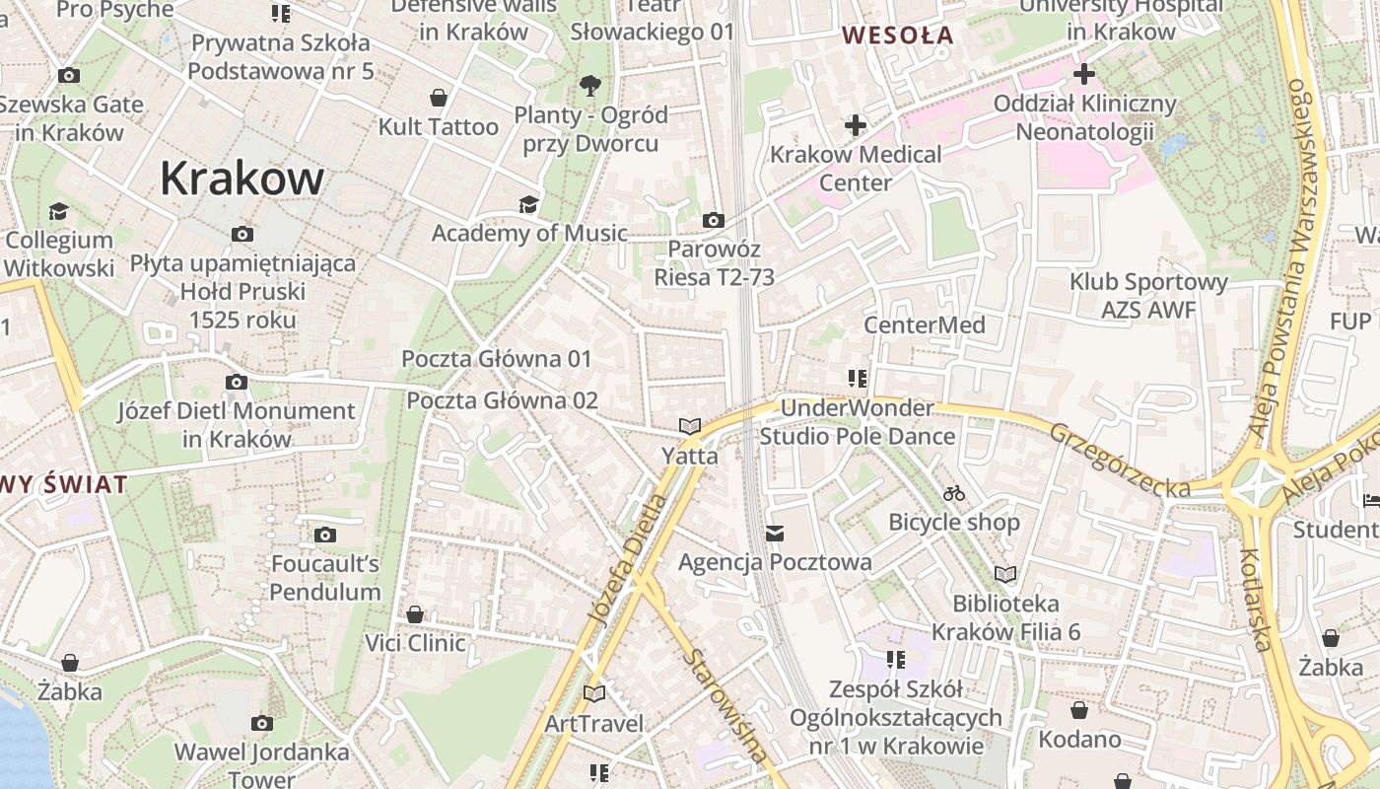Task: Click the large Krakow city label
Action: [x=241, y=179]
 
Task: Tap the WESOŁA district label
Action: [x=897, y=36]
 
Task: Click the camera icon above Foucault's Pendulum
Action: [x=325, y=536]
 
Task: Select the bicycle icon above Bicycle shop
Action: [x=953, y=493]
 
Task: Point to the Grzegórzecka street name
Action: [x=1119, y=460]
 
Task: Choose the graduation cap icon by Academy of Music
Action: [x=529, y=204]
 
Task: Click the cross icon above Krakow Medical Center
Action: [x=855, y=125]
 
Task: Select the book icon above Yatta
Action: [x=690, y=427]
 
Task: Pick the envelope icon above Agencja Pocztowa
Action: [x=775, y=534]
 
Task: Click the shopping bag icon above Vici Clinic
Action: [x=415, y=614]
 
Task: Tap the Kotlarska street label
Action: [x=1255, y=600]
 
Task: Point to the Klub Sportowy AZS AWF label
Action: [x=1148, y=296]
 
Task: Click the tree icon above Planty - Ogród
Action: [x=590, y=86]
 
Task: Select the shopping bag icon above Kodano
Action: [x=1079, y=710]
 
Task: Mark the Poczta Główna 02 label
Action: [x=502, y=400]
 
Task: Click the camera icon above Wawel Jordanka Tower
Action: [x=261, y=724]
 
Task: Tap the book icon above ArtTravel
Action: [x=593, y=694]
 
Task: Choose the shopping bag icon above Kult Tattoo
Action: [x=439, y=98]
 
